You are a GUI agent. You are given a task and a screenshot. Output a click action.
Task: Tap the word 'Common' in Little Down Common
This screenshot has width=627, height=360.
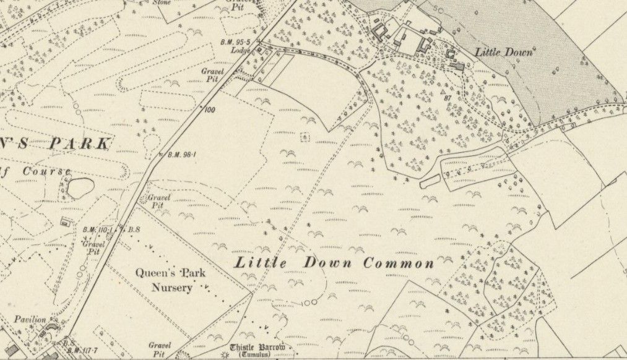[399, 264]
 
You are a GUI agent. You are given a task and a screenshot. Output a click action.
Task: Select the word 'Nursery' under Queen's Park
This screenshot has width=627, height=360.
[173, 288]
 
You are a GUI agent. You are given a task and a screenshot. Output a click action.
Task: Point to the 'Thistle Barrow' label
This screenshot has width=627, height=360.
[257, 347]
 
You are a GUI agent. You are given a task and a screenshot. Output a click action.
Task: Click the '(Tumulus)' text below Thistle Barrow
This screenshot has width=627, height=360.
[258, 355]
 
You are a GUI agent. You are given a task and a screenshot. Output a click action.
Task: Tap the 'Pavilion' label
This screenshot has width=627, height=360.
[32, 319]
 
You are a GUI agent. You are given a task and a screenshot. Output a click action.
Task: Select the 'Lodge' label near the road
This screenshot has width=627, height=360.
[241, 51]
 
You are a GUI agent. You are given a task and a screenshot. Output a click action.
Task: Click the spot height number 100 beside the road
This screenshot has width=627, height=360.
[209, 109]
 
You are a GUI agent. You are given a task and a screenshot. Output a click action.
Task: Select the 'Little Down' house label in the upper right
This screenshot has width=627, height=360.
[503, 53]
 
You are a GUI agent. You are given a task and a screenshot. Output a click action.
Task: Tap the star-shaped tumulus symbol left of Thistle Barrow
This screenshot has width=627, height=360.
[222, 354]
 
